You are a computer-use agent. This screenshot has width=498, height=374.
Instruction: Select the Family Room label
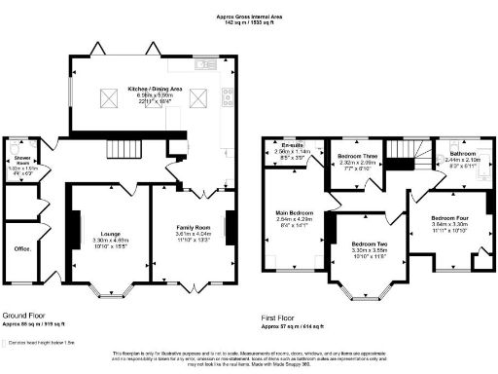coord(192,228)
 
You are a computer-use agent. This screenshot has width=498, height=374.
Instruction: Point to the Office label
coord(18,247)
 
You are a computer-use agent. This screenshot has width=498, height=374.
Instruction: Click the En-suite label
coord(291,145)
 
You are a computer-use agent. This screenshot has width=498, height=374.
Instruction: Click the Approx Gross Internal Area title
coord(248,17)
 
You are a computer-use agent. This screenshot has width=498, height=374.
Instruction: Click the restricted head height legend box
coord(7,333)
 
